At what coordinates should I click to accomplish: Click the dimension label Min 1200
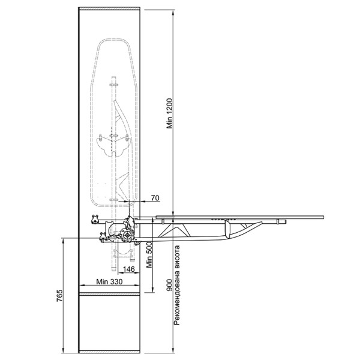(x=169, y=113)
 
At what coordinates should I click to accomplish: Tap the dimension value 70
(x=155, y=197)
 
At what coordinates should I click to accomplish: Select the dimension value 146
(x=129, y=269)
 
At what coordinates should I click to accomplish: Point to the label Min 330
(x=109, y=281)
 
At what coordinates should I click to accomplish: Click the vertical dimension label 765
(x=59, y=296)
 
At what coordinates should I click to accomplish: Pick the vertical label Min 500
(x=149, y=254)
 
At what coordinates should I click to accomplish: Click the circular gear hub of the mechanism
(x=126, y=235)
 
